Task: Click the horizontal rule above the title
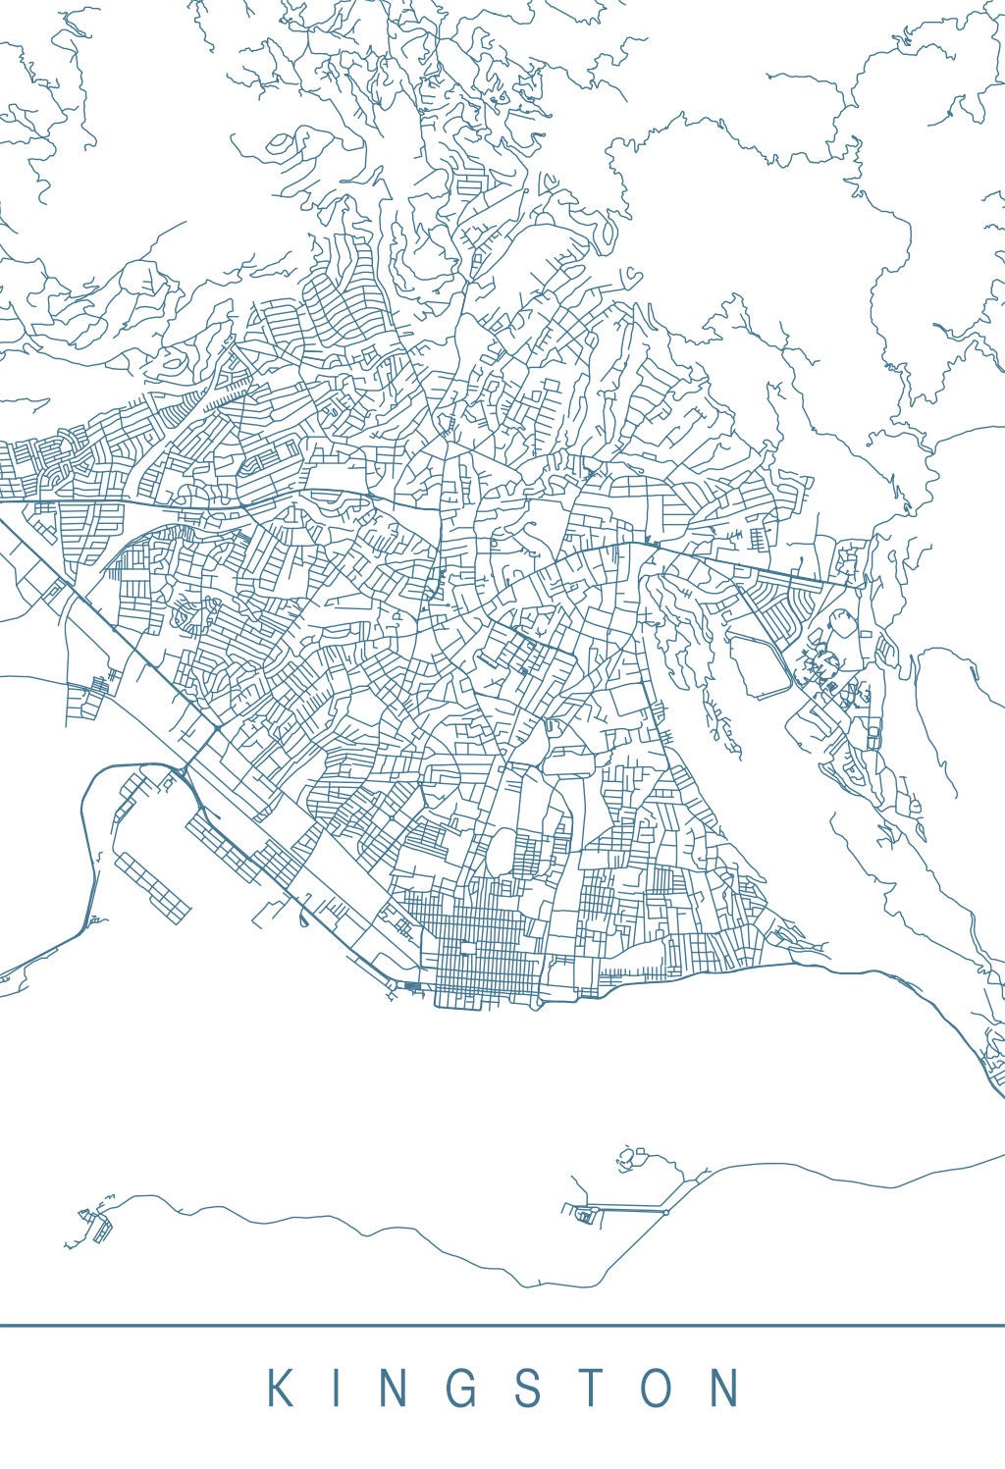coord(502,1326)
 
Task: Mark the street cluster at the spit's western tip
coord(96,1223)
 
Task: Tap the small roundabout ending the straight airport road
coord(665,1212)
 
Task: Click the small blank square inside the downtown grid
coord(467,949)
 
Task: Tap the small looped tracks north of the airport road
coord(628,1158)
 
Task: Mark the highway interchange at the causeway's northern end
coord(183,774)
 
